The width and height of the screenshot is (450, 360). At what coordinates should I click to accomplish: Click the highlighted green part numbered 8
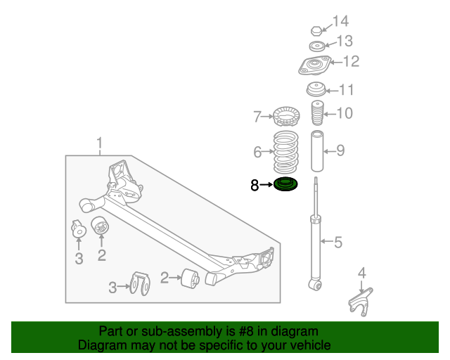[285, 186]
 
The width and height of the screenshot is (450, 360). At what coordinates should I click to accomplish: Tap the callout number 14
[340, 21]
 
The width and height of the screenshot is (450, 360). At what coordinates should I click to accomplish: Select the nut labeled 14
[316, 30]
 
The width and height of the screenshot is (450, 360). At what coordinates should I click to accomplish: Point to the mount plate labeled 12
[312, 67]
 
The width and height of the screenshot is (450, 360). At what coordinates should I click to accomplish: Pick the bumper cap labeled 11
[316, 90]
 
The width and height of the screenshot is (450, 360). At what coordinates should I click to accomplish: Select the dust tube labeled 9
[317, 151]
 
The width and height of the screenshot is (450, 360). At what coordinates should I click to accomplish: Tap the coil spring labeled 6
[285, 152]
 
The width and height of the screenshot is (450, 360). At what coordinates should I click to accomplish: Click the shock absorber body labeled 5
[314, 246]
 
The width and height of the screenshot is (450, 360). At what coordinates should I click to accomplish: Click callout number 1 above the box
[100, 145]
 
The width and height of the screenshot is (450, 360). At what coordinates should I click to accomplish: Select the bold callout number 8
[255, 186]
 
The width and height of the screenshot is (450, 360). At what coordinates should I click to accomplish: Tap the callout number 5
[338, 243]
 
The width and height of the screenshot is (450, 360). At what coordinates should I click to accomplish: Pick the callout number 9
[340, 150]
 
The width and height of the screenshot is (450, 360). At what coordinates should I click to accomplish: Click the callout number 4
[362, 273]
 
